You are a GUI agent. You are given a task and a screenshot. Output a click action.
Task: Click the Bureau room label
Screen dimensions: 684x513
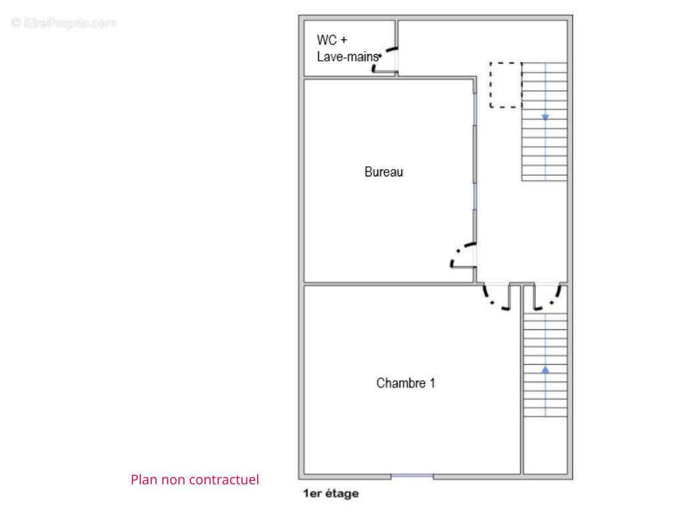coord(383,172)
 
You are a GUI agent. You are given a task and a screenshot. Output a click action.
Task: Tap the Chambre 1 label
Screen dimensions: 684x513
coord(405,383)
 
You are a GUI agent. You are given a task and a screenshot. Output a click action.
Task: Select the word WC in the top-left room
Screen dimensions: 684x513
coord(327,40)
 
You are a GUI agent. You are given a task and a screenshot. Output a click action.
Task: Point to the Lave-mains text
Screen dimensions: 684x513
coord(347,57)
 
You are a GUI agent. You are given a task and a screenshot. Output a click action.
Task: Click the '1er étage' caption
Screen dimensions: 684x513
coord(331,494)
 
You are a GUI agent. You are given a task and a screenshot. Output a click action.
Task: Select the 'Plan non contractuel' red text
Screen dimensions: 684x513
coord(194,480)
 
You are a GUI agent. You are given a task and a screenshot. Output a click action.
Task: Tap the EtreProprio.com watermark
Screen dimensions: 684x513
coord(63,23)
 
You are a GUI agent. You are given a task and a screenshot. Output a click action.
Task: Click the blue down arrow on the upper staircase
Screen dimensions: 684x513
coord(545,117)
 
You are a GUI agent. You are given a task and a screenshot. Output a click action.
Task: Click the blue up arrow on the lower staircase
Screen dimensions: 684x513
coord(545,370)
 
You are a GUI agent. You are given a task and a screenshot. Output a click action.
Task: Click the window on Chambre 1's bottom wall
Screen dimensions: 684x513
coord(411,476)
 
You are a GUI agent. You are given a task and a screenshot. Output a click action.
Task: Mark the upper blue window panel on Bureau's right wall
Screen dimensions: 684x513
coord(475,110)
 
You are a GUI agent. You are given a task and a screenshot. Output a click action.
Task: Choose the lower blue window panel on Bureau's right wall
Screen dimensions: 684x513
coord(475,196)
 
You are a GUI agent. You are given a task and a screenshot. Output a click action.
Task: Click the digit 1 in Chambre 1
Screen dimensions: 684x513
coord(432,383)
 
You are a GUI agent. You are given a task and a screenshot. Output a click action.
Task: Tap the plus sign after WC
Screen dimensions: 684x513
coord(344,40)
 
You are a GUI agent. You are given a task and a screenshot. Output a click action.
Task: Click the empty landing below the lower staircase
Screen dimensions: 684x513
coord(545,445)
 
